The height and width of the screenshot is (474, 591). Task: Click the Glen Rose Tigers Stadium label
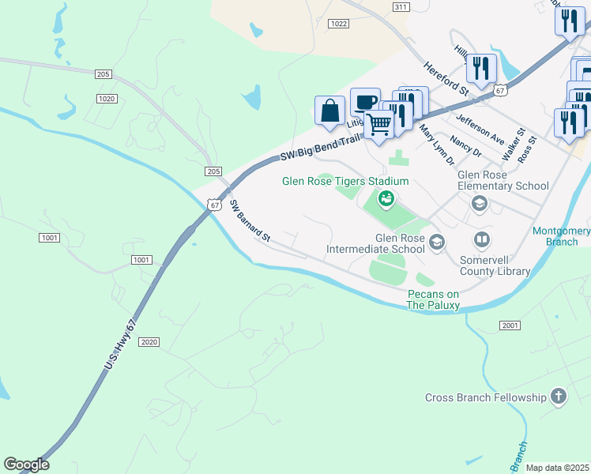[346, 181]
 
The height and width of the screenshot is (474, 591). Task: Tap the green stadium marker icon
[386, 198]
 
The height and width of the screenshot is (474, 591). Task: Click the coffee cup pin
[364, 102]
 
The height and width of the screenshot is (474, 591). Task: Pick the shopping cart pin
[379, 124]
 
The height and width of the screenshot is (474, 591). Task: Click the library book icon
[482, 239]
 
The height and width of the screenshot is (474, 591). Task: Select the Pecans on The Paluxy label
[434, 299]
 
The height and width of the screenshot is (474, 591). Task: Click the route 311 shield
[401, 6]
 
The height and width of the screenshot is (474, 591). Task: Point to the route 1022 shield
[338, 24]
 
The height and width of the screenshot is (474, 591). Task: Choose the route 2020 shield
[149, 342]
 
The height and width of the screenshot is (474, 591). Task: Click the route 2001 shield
[510, 325]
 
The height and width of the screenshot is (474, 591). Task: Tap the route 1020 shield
[107, 98]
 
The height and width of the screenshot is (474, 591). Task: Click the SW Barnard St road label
[250, 221]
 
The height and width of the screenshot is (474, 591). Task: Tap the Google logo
[26, 465]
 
